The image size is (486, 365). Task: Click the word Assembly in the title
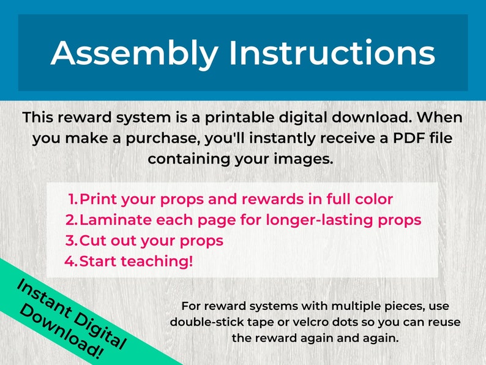[133, 54]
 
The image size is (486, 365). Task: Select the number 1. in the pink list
[73, 200]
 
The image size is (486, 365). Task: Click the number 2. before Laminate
[72, 220]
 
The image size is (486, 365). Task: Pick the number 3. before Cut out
[72, 241]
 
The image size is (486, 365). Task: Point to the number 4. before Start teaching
[72, 262]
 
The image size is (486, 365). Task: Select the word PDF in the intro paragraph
[400, 138]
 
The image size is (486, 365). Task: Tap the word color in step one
[371, 200]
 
